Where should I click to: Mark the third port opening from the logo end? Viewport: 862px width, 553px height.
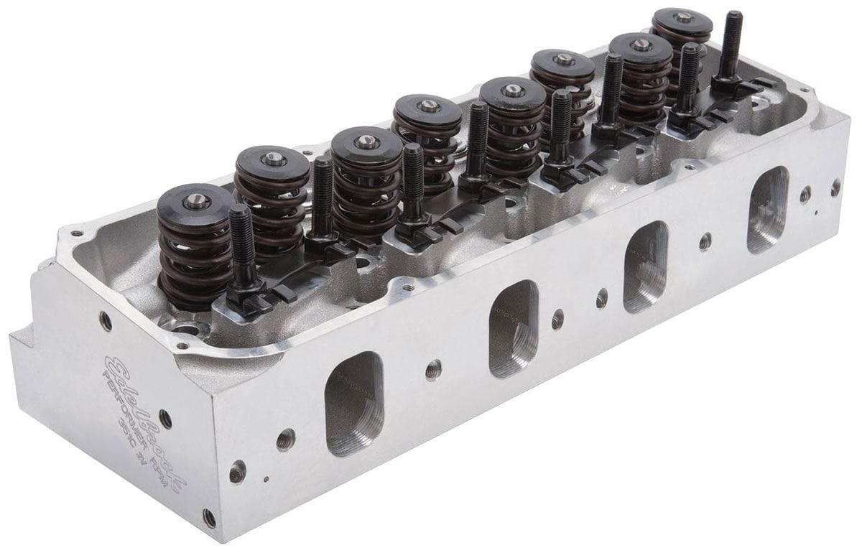pyautogui.click(x=646, y=266)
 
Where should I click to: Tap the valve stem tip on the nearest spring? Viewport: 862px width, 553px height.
pyautogui.click(x=196, y=202)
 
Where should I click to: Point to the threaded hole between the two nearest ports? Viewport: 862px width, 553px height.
pyautogui.click(x=433, y=370)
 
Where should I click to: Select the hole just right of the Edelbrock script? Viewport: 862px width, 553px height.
pyautogui.click(x=236, y=472)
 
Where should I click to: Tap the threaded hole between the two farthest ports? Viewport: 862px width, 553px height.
pyautogui.click(x=705, y=241)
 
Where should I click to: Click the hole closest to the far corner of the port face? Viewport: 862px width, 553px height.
pyautogui.click(x=835, y=187)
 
